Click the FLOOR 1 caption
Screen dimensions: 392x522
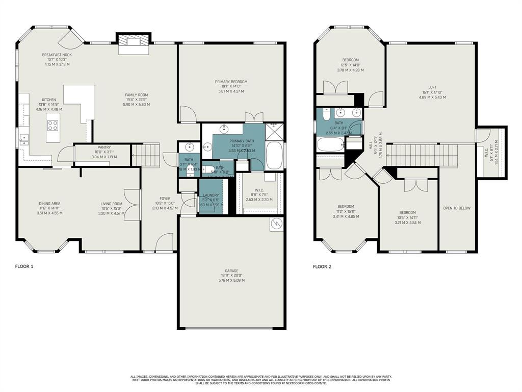point(24,266)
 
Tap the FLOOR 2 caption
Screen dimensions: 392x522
point(322,266)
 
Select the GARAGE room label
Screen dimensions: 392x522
point(231,271)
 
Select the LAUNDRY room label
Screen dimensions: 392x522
point(211,195)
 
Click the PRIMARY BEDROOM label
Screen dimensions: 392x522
point(231,82)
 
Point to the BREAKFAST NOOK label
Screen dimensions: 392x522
point(57,55)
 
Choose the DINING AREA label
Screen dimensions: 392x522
point(49,204)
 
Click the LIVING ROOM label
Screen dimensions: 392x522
point(111,204)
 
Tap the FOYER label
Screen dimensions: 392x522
point(165,199)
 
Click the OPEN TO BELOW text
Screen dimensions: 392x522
point(457,208)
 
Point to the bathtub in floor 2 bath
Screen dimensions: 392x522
point(330,144)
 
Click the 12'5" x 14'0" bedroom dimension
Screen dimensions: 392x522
point(351,65)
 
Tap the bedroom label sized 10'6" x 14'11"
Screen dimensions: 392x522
point(407,212)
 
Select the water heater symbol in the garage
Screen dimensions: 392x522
point(275,224)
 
